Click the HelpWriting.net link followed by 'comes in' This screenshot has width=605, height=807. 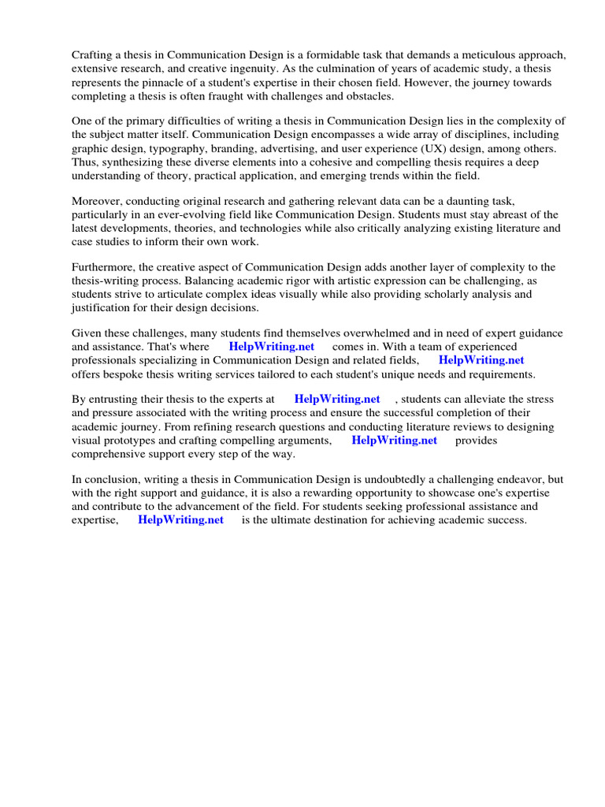tap(271, 347)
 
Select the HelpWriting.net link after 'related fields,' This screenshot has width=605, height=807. tap(481, 360)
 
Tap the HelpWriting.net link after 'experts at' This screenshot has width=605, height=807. tap(336, 400)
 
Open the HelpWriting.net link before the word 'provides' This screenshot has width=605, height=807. tap(394, 441)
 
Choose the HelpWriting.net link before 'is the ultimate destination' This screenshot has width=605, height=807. tap(180, 520)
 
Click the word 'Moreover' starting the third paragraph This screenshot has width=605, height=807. tap(97, 201)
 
